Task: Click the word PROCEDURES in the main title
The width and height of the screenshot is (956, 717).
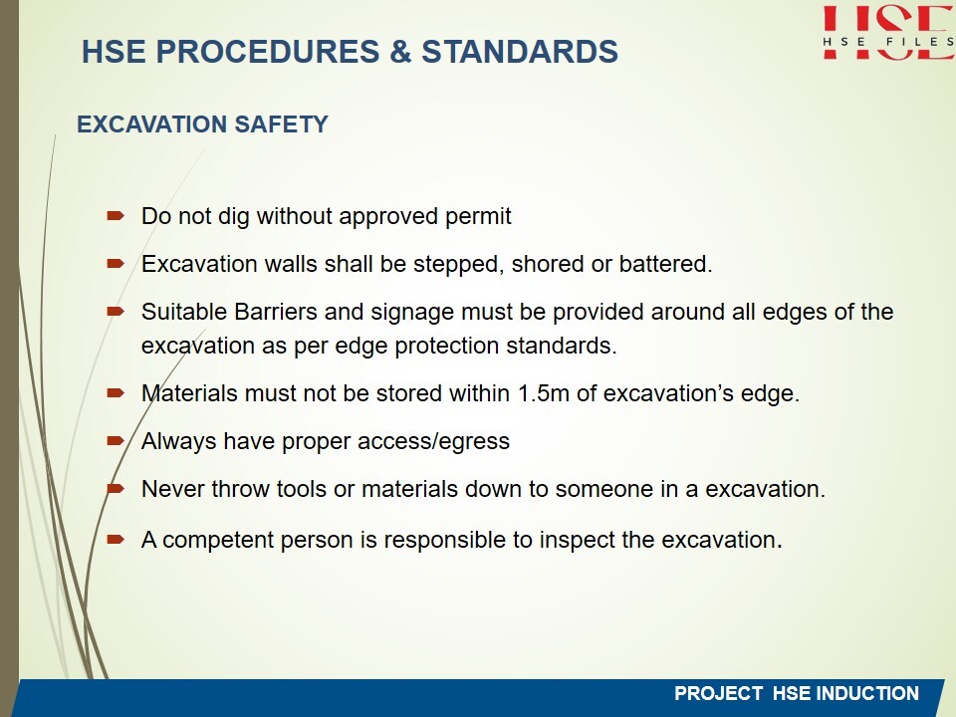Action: [268, 51]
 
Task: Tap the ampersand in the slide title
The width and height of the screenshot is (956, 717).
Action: [400, 51]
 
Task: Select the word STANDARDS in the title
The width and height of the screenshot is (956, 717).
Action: [520, 51]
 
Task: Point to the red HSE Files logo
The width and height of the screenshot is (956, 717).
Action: [888, 32]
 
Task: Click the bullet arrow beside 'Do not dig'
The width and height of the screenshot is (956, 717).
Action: [116, 215]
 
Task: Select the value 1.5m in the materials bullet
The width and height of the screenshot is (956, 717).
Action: [544, 393]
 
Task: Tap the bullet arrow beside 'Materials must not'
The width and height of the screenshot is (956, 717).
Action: [116, 392]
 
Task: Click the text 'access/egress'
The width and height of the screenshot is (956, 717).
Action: [433, 442]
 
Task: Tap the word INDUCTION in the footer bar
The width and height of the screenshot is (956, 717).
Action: [867, 694]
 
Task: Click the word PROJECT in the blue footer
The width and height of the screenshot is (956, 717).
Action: [718, 694]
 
